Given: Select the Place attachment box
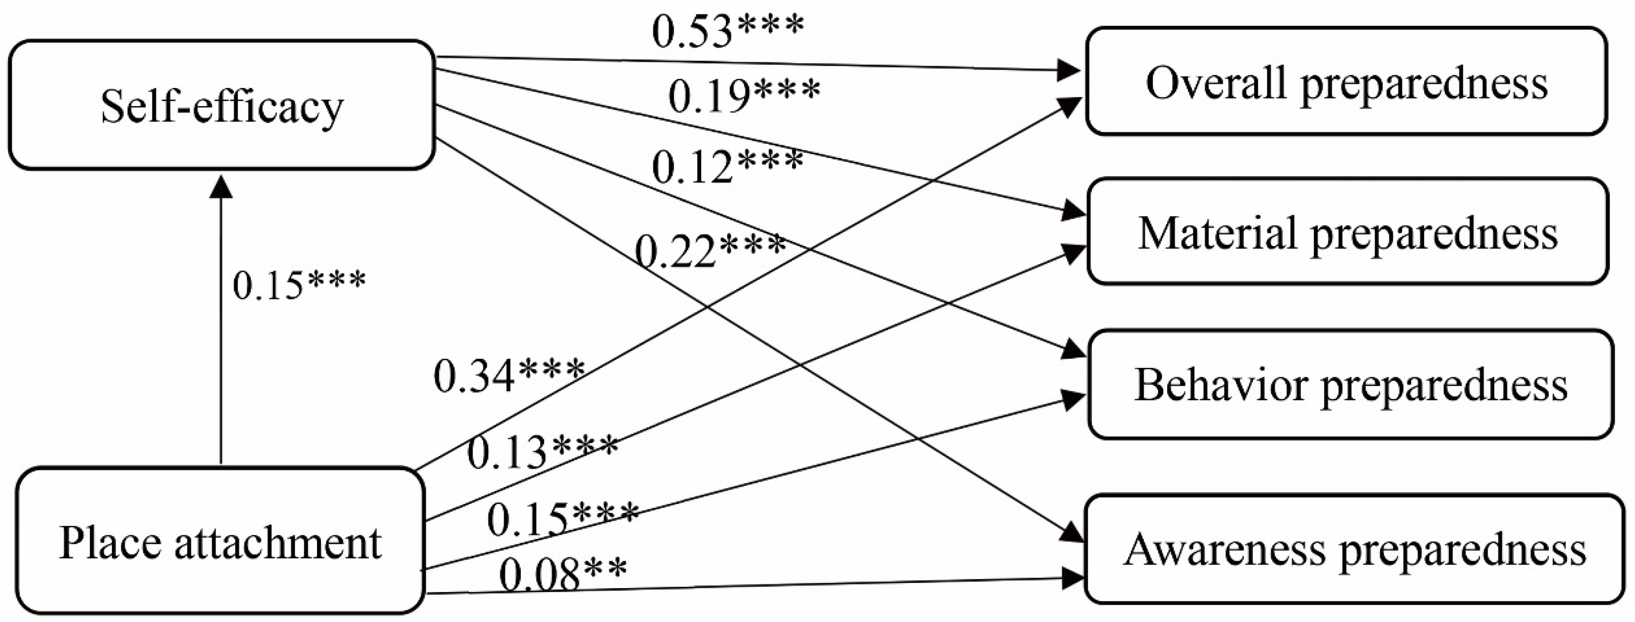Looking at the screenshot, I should click(x=220, y=541).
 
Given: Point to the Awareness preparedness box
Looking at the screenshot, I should click(x=1354, y=549).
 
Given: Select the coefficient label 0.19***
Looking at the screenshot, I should click(x=744, y=97).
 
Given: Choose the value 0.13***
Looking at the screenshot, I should click(x=543, y=452).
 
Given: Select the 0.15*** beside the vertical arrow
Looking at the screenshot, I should click(x=299, y=284).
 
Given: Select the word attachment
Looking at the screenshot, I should click(x=277, y=542).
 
